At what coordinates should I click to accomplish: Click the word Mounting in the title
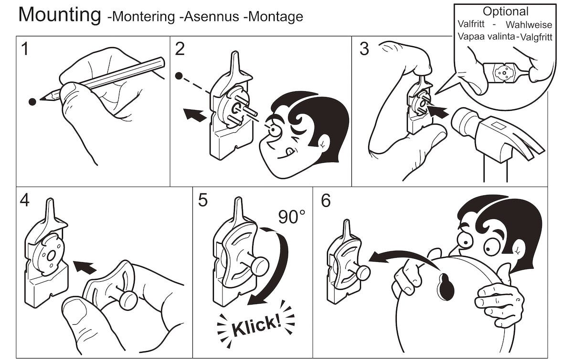[60, 15]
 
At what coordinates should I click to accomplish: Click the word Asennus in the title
[212, 17]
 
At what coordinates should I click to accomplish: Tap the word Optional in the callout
[506, 12]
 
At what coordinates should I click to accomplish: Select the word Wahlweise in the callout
[529, 25]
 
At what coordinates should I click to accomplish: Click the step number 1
[25, 49]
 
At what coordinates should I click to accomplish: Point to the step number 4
[24, 200]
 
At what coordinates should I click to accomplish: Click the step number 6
[326, 201]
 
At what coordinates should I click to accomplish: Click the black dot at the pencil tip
[32, 102]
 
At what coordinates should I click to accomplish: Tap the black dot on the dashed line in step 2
[179, 76]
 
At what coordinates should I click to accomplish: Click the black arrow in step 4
[85, 267]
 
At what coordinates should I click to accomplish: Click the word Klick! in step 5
[256, 325]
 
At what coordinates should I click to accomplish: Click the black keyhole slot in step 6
[446, 286]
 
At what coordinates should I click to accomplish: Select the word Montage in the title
[276, 17]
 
